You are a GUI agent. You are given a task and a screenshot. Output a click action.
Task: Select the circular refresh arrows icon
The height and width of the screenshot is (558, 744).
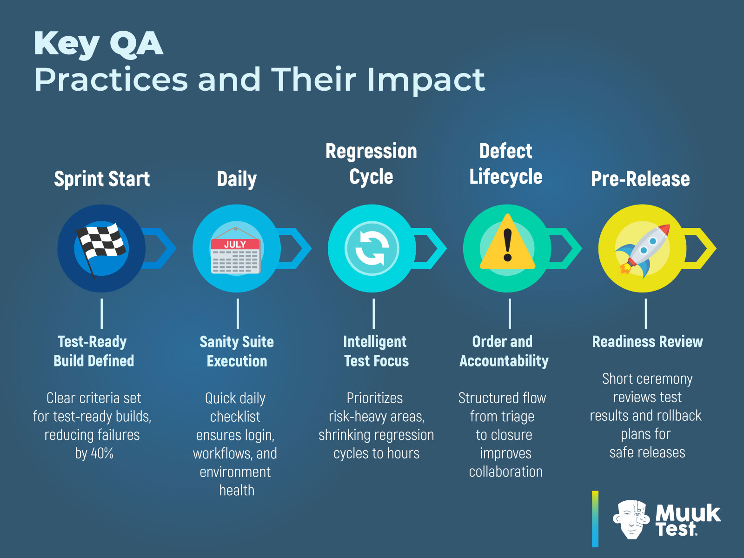click(x=372, y=249)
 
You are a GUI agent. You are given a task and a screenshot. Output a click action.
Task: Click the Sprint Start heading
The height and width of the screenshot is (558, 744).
click(x=102, y=179)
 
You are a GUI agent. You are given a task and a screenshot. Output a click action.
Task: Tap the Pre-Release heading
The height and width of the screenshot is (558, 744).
click(x=640, y=179)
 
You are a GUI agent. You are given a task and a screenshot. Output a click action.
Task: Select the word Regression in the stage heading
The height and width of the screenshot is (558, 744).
click(x=371, y=151)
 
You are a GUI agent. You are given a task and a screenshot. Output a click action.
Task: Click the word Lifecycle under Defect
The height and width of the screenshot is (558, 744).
click(x=506, y=177)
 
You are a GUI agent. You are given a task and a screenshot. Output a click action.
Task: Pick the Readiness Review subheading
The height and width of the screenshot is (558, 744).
click(x=647, y=342)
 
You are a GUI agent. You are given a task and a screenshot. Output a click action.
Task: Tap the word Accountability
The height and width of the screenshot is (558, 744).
click(x=504, y=361)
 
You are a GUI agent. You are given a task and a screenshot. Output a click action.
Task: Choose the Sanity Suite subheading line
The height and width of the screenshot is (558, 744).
click(x=237, y=342)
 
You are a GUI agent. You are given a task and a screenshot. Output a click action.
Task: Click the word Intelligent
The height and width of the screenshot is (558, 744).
click(x=375, y=342)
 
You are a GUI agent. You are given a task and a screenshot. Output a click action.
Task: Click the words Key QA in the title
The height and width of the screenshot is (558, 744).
click(x=99, y=44)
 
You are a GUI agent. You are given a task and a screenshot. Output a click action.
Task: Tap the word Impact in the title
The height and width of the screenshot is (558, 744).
click(x=426, y=80)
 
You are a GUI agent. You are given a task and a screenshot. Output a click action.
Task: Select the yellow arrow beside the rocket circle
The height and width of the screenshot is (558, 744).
click(x=702, y=248)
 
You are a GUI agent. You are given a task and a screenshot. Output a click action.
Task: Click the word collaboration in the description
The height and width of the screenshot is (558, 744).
click(x=505, y=472)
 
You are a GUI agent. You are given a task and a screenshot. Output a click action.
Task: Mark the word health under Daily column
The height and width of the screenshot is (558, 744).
click(x=237, y=490)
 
